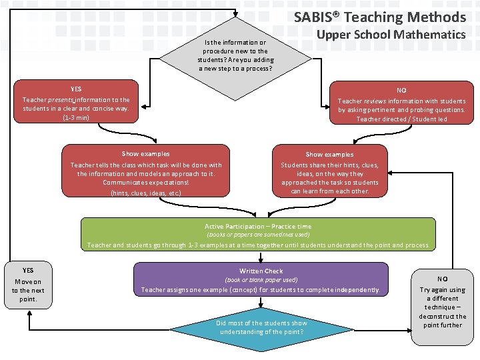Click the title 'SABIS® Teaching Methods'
(380, 17)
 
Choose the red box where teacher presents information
(76, 103)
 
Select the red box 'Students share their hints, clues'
(329, 172)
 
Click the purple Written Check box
(261, 280)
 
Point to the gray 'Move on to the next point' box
(28, 285)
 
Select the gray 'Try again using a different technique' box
(442, 306)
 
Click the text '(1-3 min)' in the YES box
(76, 117)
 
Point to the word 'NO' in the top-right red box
(401, 90)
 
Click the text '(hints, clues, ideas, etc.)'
(145, 193)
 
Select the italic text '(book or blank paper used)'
(261, 280)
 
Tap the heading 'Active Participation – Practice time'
(257, 227)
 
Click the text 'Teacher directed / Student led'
(401, 119)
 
